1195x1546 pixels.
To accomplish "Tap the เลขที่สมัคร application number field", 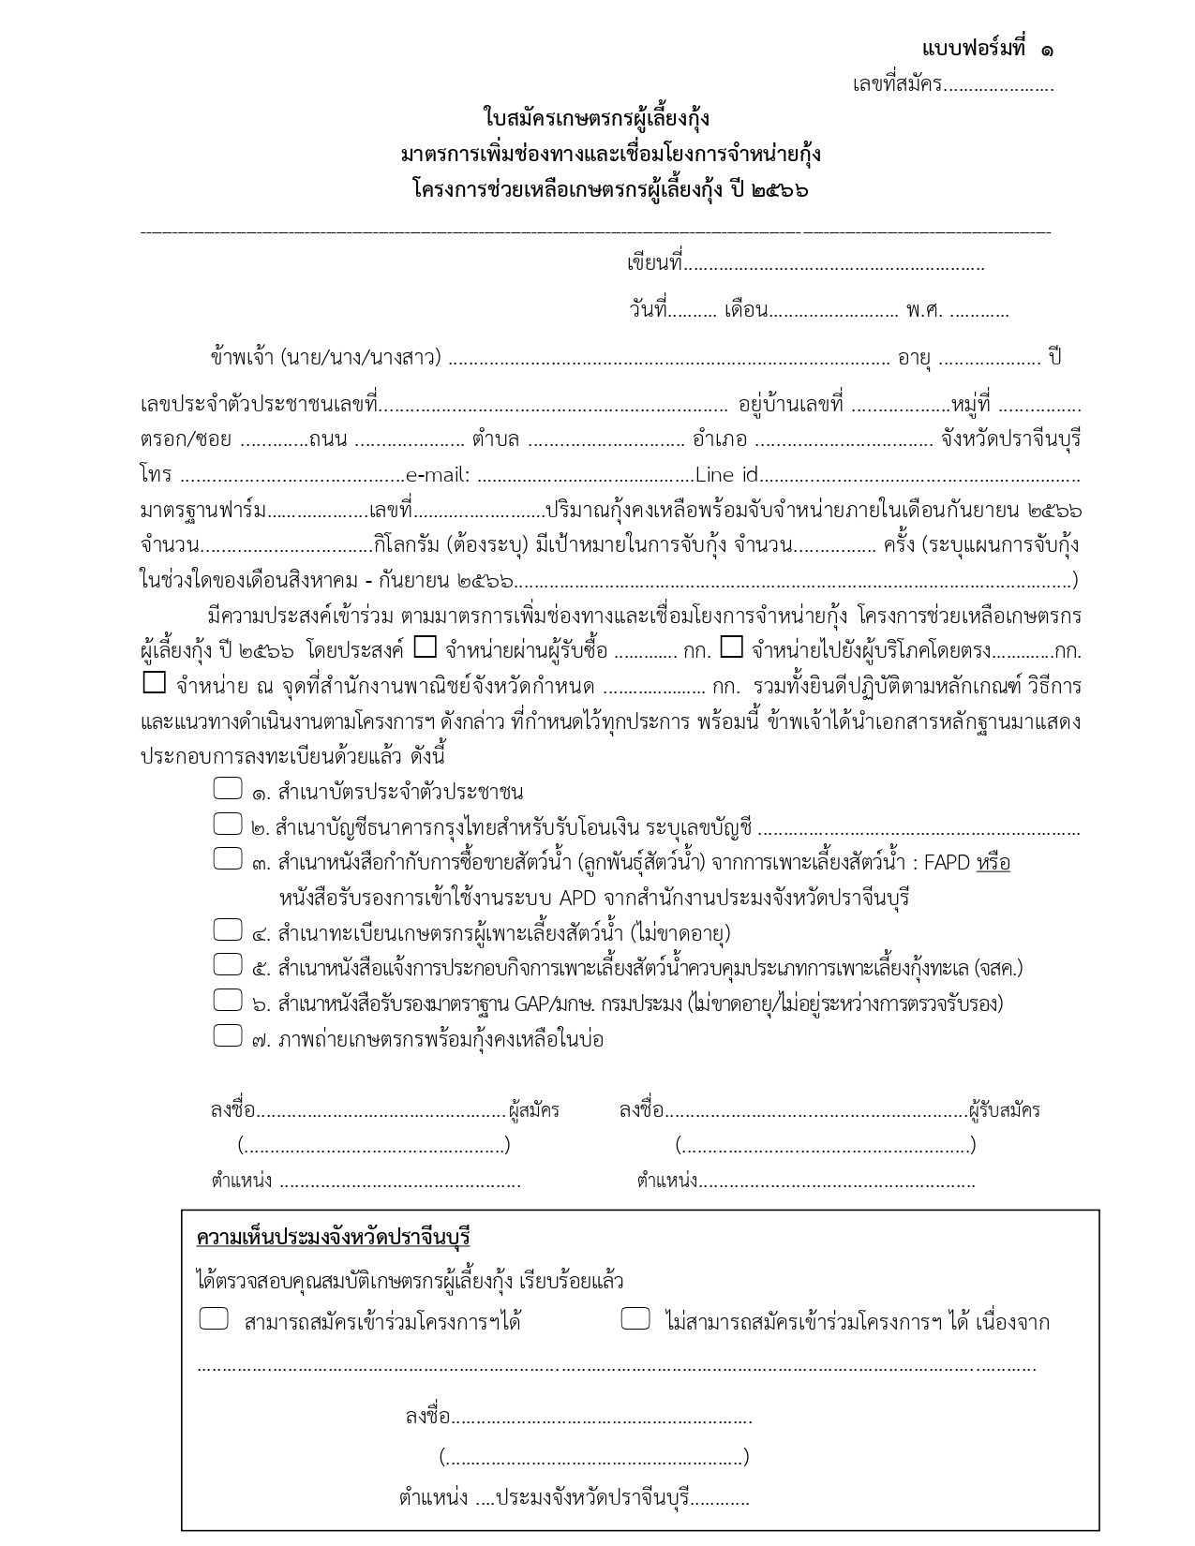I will coord(998,86).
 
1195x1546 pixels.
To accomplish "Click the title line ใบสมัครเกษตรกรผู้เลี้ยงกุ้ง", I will coord(596,119).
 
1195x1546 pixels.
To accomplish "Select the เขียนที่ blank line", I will coord(834,265).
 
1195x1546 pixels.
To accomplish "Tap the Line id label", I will coord(725,476).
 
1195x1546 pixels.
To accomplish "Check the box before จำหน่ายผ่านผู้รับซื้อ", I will coord(426,647).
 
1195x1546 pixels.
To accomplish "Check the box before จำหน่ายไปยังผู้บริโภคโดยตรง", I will coord(732,647).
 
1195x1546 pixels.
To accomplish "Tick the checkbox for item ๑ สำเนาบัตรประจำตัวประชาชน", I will coord(228,789).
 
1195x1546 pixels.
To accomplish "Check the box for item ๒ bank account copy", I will coord(228,825).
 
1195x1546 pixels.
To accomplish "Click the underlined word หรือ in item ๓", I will coord(993,863).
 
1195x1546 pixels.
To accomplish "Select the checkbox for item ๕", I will coord(228,965).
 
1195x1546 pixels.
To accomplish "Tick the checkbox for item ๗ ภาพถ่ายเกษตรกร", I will coord(228,1036).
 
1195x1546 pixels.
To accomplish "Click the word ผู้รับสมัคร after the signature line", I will coord(1005,1111).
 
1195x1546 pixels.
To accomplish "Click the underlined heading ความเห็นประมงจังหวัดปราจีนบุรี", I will coord(333,1237).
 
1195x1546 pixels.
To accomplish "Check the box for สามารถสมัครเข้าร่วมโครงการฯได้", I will coord(214,1319).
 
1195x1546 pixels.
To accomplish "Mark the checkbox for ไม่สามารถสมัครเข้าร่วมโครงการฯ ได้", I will coord(635,1319).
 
